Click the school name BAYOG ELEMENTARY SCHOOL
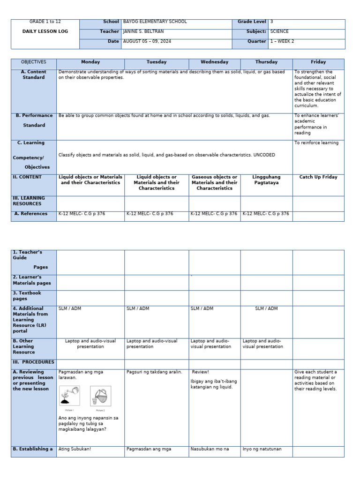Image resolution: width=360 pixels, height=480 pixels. point(155,22)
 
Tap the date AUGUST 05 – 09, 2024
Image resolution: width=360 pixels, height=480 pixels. point(149,41)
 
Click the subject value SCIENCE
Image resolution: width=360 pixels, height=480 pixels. point(279,31)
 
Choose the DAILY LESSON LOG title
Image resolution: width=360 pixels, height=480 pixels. point(45,31)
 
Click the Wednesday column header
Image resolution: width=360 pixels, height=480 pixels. point(214,62)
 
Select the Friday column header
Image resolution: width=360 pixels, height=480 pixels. point(318,62)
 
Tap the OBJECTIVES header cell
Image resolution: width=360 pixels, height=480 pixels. point(34,62)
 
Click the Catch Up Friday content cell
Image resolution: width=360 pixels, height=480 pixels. point(318,177)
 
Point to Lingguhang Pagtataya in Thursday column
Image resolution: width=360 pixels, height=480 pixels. point(266,180)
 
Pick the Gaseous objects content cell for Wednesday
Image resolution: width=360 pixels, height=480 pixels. point(214,183)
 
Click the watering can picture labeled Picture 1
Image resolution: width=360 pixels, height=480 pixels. point(69,396)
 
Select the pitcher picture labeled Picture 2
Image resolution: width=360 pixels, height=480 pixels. point(100,396)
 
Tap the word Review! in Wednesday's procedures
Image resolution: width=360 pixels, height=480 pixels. point(200,372)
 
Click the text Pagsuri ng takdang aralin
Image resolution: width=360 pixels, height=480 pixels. point(154,372)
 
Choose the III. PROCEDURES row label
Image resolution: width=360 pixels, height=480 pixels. point(34,362)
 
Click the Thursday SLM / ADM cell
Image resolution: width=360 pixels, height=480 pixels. point(266,308)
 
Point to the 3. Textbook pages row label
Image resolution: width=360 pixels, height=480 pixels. point(27,296)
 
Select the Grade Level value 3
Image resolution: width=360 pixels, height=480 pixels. point(272,22)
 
